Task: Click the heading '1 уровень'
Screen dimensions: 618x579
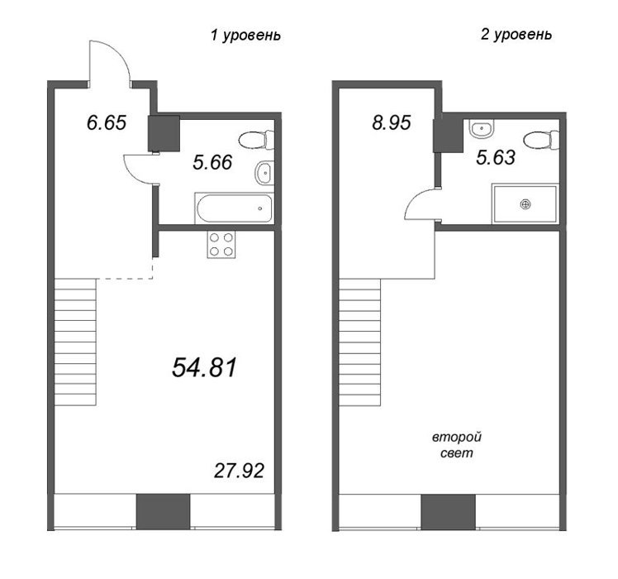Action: (245, 36)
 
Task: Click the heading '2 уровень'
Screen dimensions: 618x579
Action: (516, 35)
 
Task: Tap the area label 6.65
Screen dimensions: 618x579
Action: (107, 122)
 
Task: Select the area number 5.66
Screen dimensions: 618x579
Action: (212, 162)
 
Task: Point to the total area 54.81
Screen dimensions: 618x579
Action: (204, 367)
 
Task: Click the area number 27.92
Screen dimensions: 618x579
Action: (239, 471)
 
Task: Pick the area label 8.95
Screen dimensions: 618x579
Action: (392, 122)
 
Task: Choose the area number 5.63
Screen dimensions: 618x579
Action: (496, 158)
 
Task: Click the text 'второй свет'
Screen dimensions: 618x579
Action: (457, 445)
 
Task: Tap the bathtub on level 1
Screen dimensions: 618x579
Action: (234, 208)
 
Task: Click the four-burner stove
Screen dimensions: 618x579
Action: (221, 244)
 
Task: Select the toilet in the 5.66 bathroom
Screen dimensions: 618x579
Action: (256, 140)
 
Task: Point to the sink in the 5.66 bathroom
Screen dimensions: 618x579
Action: (264, 173)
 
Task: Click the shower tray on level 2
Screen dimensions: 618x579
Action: (525, 203)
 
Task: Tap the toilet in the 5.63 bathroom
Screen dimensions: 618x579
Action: (541, 140)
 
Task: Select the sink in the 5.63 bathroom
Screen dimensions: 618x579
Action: (481, 129)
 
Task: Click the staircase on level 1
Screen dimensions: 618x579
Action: (75, 342)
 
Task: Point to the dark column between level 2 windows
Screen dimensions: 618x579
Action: (448, 511)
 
